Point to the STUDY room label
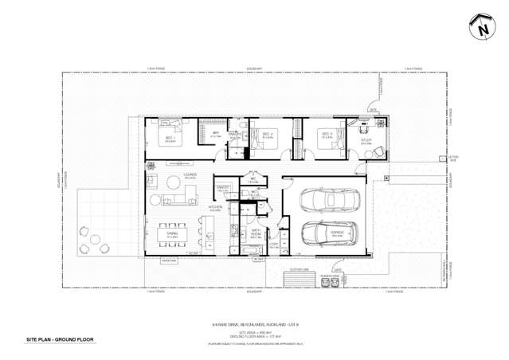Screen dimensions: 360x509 click(x=366, y=140)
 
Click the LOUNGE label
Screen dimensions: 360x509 click(x=190, y=174)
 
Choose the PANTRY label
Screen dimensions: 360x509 click(x=223, y=187)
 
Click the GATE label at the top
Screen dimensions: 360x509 click(x=372, y=109)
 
